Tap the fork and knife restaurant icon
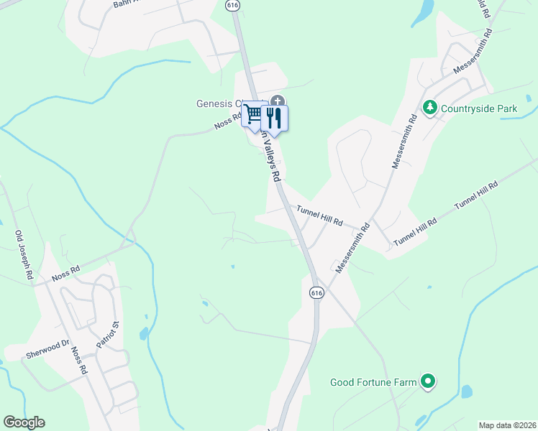[x=275, y=116]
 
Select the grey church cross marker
[x=278, y=101]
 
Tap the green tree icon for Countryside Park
[x=430, y=108]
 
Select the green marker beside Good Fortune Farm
[x=429, y=381]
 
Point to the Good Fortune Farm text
[x=373, y=382]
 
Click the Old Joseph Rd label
[x=24, y=255]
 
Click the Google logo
[x=24, y=422]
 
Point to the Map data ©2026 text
[x=507, y=425]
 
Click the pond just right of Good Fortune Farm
[x=467, y=391]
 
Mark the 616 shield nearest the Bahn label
[x=232, y=5]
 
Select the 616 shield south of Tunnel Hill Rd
[x=317, y=292]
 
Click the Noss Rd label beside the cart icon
[x=226, y=124]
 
